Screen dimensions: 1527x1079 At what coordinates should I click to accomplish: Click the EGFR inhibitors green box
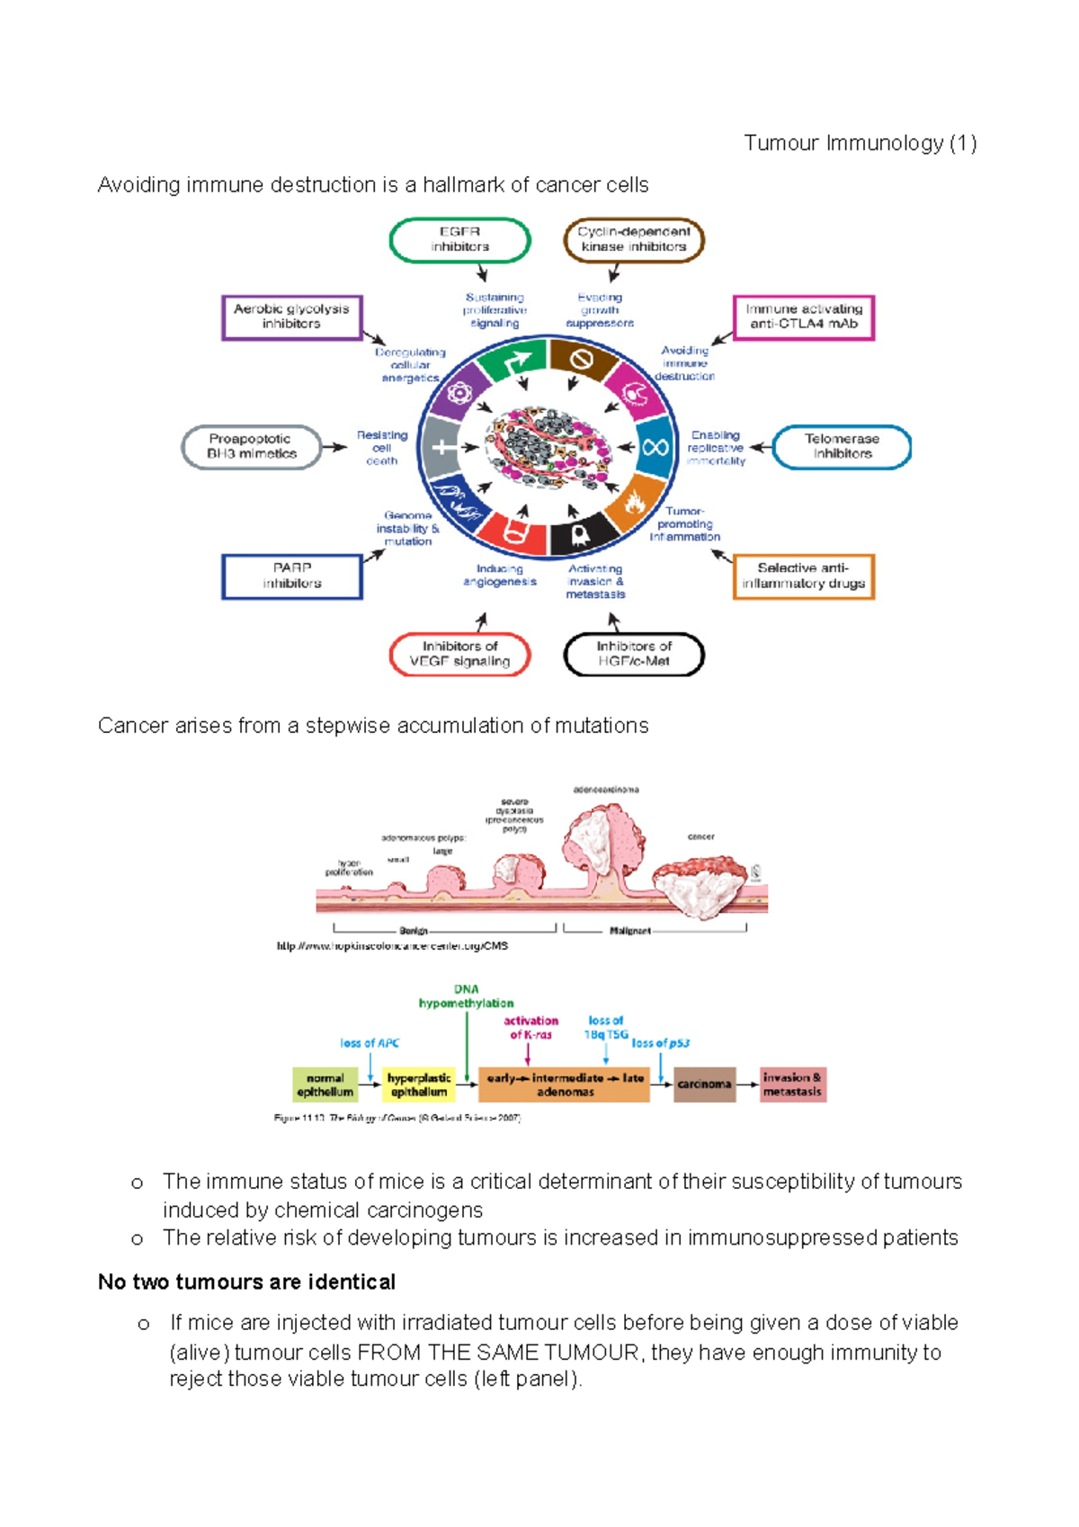[x=459, y=239]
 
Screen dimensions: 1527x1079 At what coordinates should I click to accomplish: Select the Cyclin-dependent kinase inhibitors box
[x=633, y=239]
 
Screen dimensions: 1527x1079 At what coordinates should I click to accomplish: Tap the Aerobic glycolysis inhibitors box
[x=291, y=317]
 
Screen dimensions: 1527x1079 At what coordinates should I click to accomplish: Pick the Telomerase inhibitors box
[x=842, y=446]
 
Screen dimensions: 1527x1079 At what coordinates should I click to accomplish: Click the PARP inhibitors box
[x=291, y=576]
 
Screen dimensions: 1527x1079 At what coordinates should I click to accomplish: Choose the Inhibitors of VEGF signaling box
[x=459, y=654]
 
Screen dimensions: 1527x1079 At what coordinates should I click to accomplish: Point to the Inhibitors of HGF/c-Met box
[x=633, y=654]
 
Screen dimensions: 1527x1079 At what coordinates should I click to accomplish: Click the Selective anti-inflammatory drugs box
[x=803, y=576]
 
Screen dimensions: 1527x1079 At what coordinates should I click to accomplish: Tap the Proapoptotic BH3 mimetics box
[x=251, y=446]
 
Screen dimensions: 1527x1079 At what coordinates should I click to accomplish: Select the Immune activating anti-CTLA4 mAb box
[x=803, y=317]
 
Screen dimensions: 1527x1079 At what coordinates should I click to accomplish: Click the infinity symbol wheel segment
[x=655, y=446]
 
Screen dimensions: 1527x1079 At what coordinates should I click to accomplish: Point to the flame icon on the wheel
[x=635, y=503]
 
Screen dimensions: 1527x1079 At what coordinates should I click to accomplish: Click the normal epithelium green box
[x=325, y=1085]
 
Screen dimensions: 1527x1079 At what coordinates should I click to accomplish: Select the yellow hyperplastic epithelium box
[x=418, y=1085]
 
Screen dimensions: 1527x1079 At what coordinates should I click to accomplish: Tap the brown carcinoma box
[x=704, y=1085]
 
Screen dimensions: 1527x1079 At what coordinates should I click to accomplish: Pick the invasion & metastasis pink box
[x=791, y=1085]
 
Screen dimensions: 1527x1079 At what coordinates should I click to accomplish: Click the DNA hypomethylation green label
[x=466, y=996]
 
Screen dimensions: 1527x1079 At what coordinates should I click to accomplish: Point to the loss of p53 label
[x=660, y=1043]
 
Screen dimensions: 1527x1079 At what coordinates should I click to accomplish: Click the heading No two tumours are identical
[x=246, y=1281]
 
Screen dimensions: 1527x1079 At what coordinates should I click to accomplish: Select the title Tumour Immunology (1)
[x=860, y=143]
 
